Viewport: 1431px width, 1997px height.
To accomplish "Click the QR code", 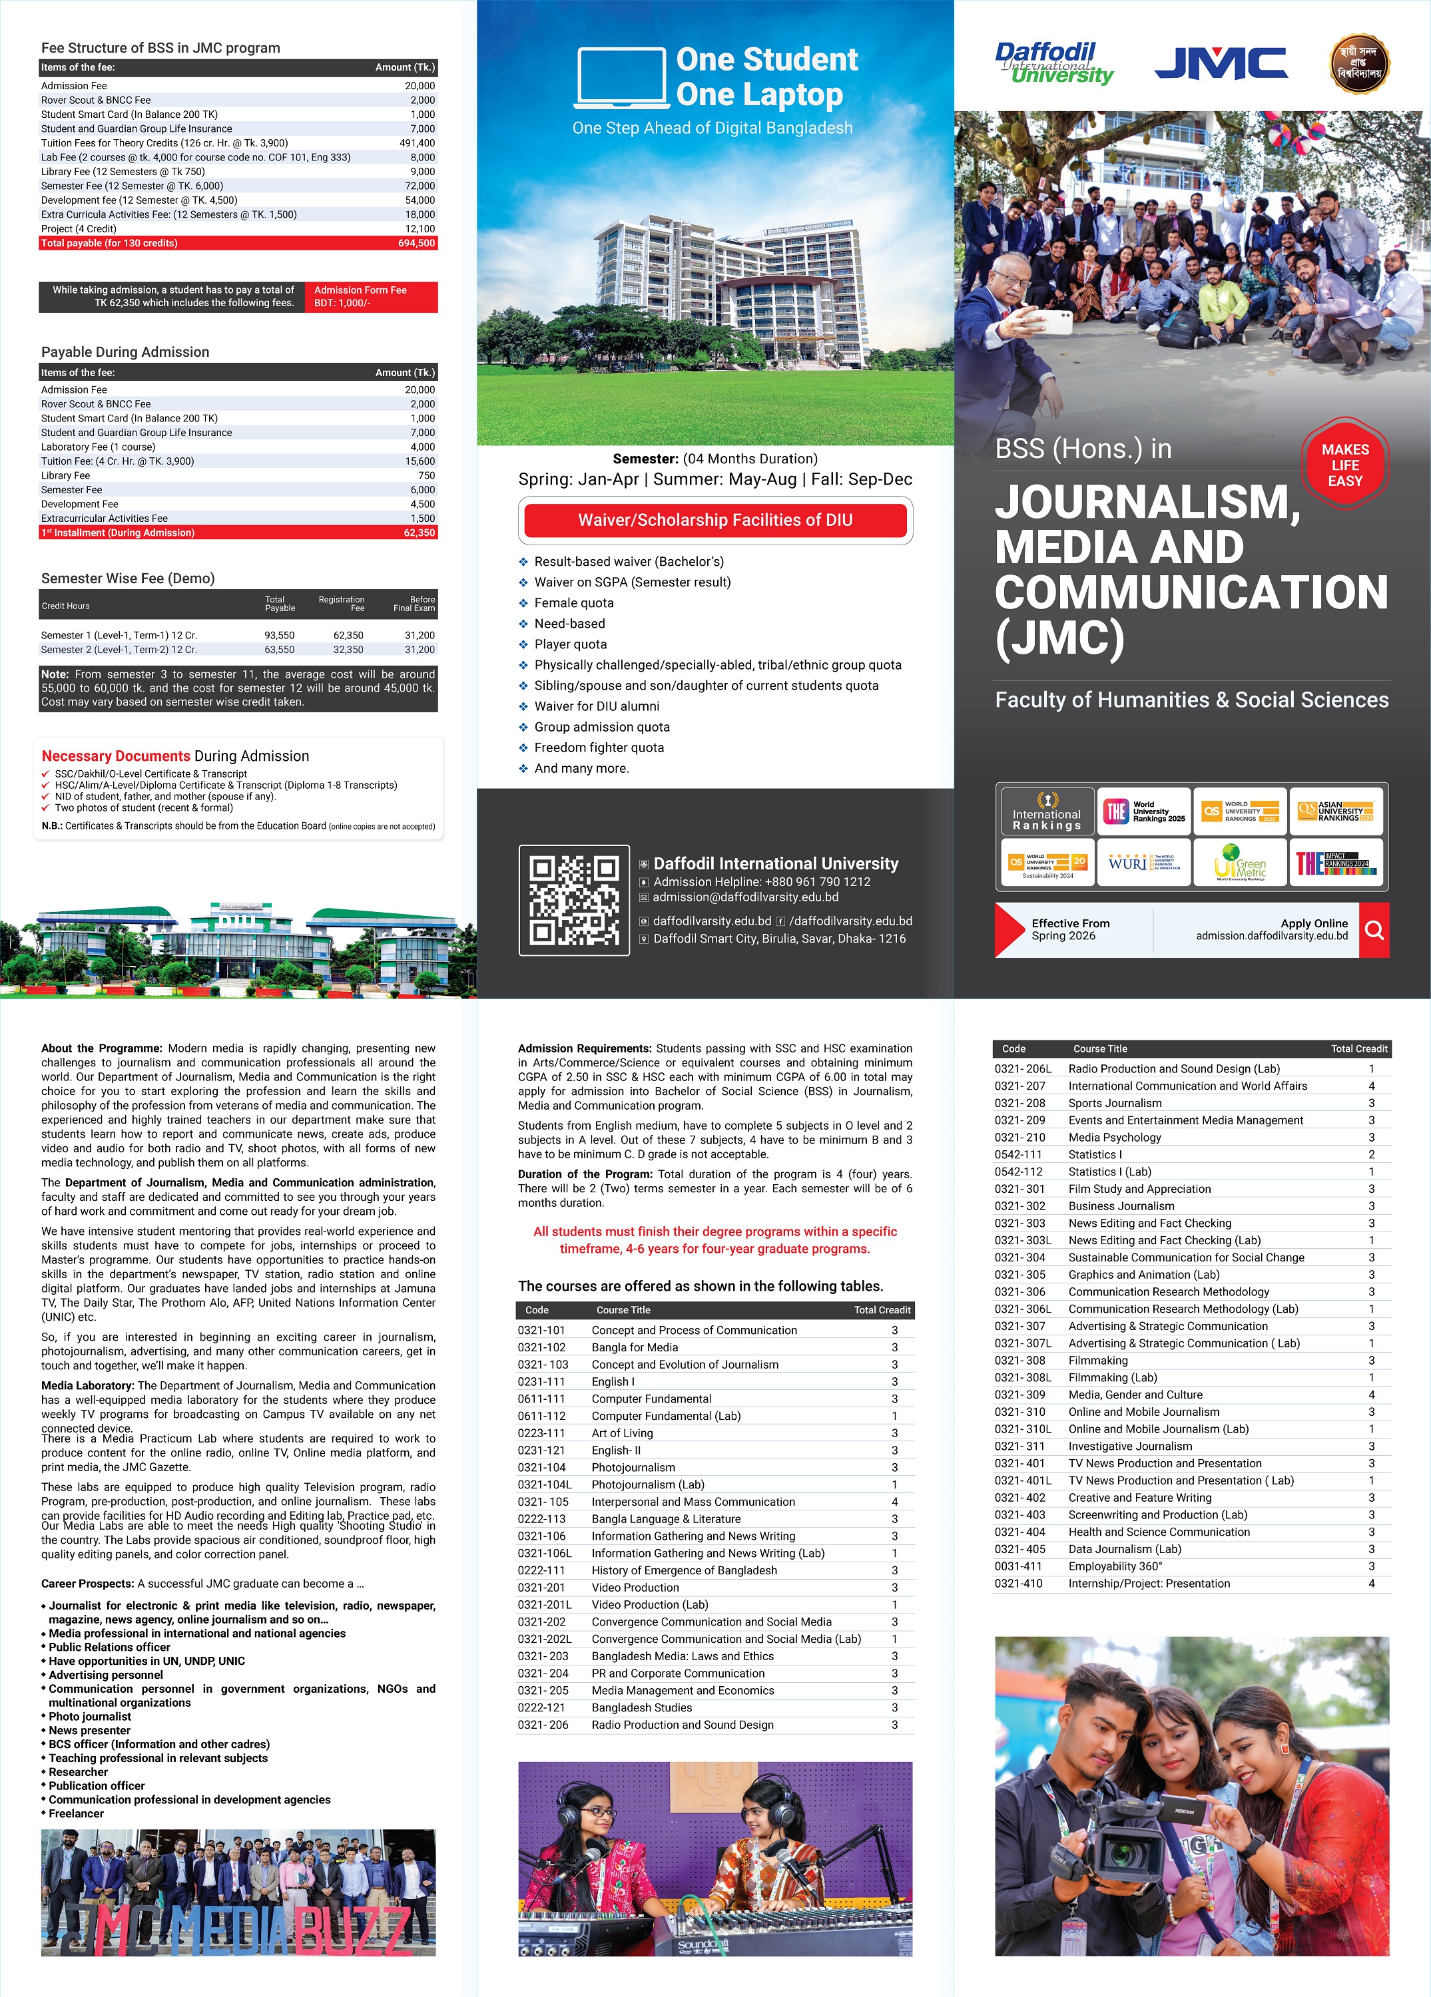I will click(574, 900).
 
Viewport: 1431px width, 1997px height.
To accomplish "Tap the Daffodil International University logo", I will click(1053, 63).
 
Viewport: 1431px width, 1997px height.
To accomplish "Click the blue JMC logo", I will click(1221, 63).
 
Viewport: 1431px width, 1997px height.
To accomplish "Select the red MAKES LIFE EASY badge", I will click(1344, 465).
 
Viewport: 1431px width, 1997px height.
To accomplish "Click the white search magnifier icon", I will click(1374, 930).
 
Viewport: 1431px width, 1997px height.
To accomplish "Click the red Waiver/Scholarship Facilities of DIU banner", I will click(715, 519).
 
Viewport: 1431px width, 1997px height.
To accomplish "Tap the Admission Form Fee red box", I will click(371, 297).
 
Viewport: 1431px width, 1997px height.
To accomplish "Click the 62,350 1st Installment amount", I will click(419, 533).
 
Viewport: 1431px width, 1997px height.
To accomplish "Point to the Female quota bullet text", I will click(574, 603).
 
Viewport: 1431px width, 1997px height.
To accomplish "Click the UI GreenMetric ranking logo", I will click(1240, 862).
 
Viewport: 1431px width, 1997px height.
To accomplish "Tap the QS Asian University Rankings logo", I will click(1335, 811).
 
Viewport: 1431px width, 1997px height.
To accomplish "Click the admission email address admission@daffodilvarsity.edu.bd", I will click(745, 897).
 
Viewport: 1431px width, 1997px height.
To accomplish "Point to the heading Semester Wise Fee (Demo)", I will click(128, 578).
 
